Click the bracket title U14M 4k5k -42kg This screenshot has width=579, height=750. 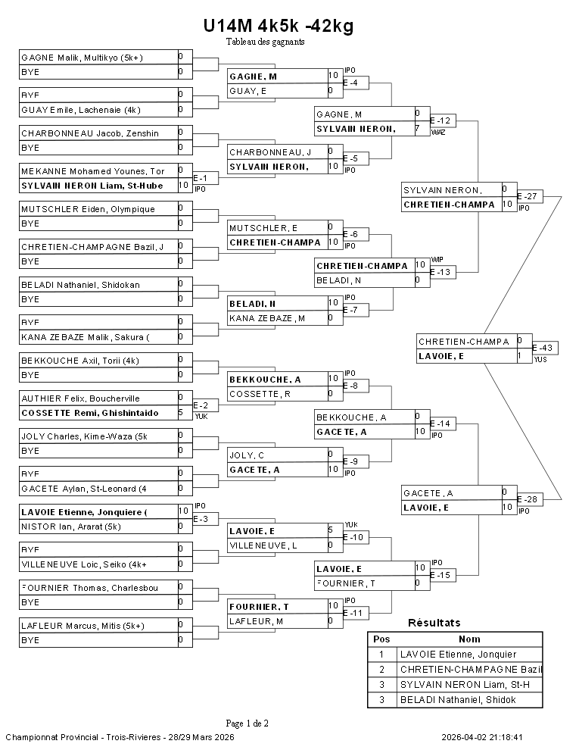(x=278, y=27)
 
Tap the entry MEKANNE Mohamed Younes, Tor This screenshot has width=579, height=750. (x=93, y=171)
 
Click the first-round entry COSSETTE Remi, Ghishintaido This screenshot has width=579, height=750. (x=90, y=413)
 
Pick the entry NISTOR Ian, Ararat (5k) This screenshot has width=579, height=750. (x=71, y=527)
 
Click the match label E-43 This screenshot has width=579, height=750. (x=543, y=348)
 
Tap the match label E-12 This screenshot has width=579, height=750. (x=440, y=120)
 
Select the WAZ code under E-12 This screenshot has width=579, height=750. (x=437, y=133)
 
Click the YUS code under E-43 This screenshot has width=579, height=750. (x=540, y=360)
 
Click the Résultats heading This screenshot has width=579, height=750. (x=434, y=623)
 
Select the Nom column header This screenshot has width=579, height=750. (x=469, y=639)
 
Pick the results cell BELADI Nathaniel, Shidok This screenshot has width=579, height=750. (x=457, y=700)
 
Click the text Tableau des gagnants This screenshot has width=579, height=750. (x=265, y=42)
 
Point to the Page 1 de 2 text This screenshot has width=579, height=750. (x=247, y=723)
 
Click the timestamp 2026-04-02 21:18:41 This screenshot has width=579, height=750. (x=482, y=737)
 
